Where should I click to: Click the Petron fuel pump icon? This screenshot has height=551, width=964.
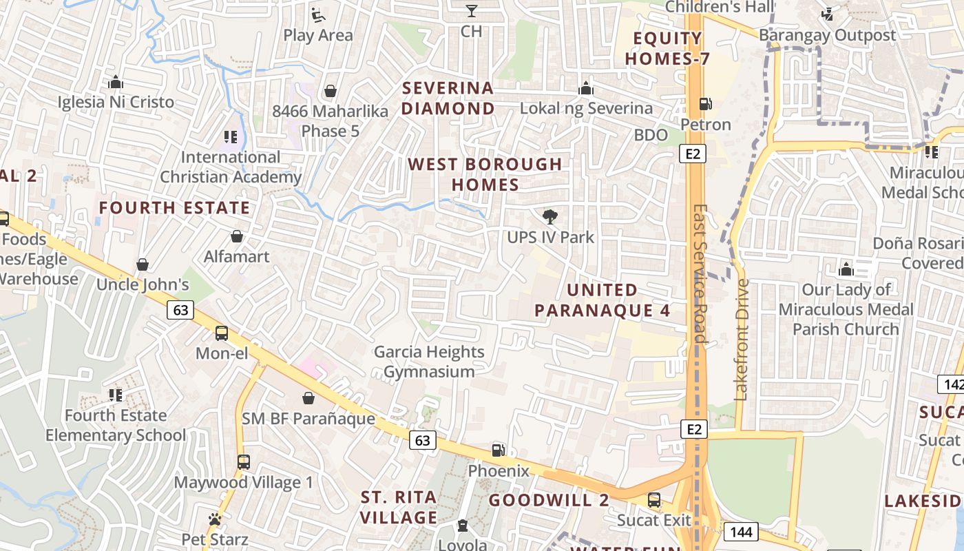pyautogui.click(x=705, y=104)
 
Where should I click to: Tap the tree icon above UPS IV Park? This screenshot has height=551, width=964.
pyautogui.click(x=549, y=217)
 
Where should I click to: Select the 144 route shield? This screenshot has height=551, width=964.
pyautogui.click(x=741, y=532)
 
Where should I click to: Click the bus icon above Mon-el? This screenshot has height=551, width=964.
pyautogui.click(x=222, y=333)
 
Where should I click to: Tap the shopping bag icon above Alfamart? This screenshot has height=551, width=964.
pyautogui.click(x=237, y=236)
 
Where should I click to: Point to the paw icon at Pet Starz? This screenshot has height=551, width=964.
pyautogui.click(x=215, y=519)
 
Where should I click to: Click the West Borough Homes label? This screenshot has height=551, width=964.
pyautogui.click(x=485, y=174)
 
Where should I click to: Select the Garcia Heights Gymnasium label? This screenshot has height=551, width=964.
pyautogui.click(x=429, y=362)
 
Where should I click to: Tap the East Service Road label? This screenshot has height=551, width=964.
pyautogui.click(x=700, y=273)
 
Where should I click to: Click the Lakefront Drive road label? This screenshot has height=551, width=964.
pyautogui.click(x=742, y=339)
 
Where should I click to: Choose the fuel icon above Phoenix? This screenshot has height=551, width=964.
pyautogui.click(x=498, y=450)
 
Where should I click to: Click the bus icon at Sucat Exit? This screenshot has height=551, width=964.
pyautogui.click(x=654, y=499)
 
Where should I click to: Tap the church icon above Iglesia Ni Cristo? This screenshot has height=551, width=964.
pyautogui.click(x=116, y=83)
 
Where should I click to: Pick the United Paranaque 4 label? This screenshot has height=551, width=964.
pyautogui.click(x=602, y=300)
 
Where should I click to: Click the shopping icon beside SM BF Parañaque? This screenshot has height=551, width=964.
pyautogui.click(x=308, y=398)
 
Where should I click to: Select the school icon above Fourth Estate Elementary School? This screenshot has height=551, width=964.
pyautogui.click(x=116, y=395)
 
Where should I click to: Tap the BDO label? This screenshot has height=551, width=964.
pyautogui.click(x=651, y=135)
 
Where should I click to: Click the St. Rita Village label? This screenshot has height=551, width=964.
pyautogui.click(x=399, y=507)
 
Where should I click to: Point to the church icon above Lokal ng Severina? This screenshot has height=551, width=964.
pyautogui.click(x=586, y=88)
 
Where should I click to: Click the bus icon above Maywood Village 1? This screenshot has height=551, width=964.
pyautogui.click(x=243, y=462)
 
